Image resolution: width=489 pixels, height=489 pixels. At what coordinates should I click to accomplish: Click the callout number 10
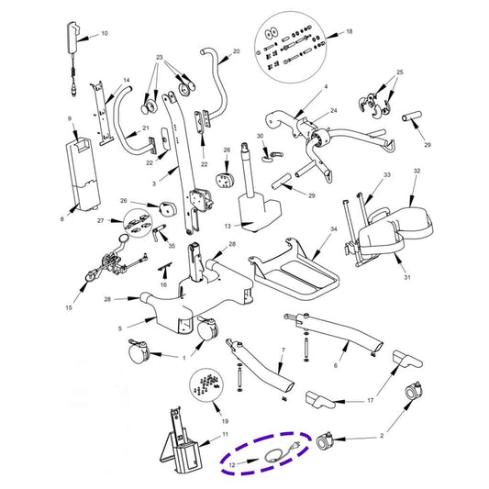[x=105, y=33]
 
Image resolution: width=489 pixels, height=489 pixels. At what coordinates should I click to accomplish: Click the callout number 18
[x=349, y=31]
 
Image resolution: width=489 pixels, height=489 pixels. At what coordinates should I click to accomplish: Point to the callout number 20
[x=236, y=51]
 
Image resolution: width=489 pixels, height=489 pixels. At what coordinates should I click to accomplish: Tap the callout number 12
[x=232, y=464]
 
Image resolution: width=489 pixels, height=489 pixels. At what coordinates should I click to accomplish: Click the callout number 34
[x=334, y=229]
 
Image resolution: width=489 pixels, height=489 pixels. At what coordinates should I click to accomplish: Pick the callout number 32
[x=417, y=171]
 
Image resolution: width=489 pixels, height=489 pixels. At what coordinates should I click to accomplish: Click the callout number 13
[x=228, y=226]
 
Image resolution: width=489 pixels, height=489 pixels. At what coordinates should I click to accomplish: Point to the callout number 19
[x=225, y=421]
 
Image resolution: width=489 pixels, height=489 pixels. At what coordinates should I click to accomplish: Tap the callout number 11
[x=225, y=434]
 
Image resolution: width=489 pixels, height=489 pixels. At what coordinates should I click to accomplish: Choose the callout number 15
[x=69, y=307]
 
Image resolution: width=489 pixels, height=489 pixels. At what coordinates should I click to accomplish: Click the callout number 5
[x=120, y=328]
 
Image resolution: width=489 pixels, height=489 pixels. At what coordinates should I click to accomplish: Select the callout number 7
[x=283, y=350]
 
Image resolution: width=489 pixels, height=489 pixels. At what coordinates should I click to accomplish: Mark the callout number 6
[x=336, y=365]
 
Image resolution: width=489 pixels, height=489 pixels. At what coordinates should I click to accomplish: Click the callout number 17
[x=370, y=400]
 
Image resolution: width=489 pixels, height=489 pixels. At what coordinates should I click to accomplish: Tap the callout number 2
[x=382, y=436]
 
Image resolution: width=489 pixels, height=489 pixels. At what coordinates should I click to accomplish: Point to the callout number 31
[x=407, y=277]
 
